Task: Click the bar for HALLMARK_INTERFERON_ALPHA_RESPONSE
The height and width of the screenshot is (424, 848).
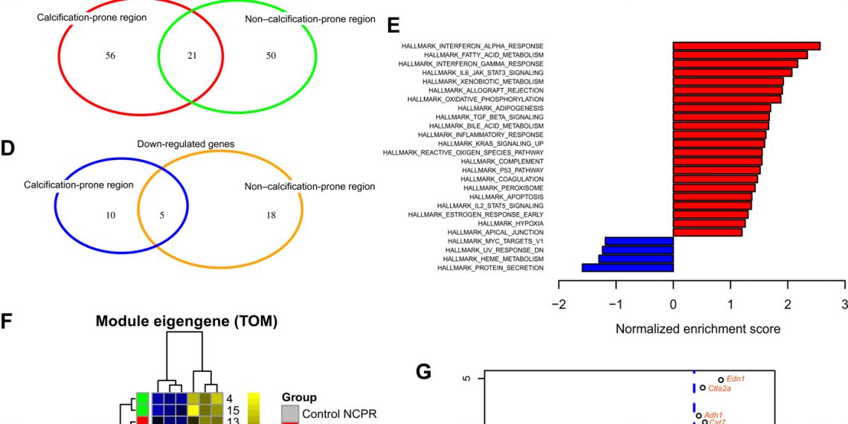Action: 746,46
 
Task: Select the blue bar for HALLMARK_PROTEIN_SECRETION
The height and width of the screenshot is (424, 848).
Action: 627,268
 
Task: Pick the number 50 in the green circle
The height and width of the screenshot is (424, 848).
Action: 271,55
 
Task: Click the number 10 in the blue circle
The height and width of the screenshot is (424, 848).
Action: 110,215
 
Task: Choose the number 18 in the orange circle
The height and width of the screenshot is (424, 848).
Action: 271,215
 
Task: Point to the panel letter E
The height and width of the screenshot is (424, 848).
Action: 394,25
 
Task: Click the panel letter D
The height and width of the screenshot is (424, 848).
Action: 8,148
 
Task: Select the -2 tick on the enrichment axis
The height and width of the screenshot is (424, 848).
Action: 559,303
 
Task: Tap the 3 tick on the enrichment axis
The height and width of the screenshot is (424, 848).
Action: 844,303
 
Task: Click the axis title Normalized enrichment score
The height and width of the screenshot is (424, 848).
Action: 698,328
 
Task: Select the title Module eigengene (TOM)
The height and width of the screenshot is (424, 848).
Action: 186,321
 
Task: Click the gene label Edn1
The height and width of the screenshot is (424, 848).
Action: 736,379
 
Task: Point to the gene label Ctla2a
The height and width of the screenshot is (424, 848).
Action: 720,388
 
